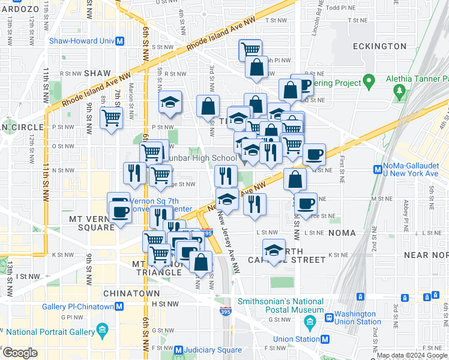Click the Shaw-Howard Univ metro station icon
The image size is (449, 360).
pyautogui.click(x=119, y=41)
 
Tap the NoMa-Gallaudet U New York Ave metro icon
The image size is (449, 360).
pyautogui.click(x=378, y=169)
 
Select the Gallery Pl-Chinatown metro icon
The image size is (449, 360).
pyautogui.click(x=119, y=307)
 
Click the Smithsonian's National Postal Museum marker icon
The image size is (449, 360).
pyautogui.click(x=310, y=322)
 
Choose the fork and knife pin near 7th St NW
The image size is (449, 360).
pyautogui.click(x=133, y=172)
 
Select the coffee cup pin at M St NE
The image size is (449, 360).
pyautogui.click(x=306, y=202)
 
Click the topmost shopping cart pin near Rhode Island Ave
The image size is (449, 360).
pyautogui.click(x=250, y=49)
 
